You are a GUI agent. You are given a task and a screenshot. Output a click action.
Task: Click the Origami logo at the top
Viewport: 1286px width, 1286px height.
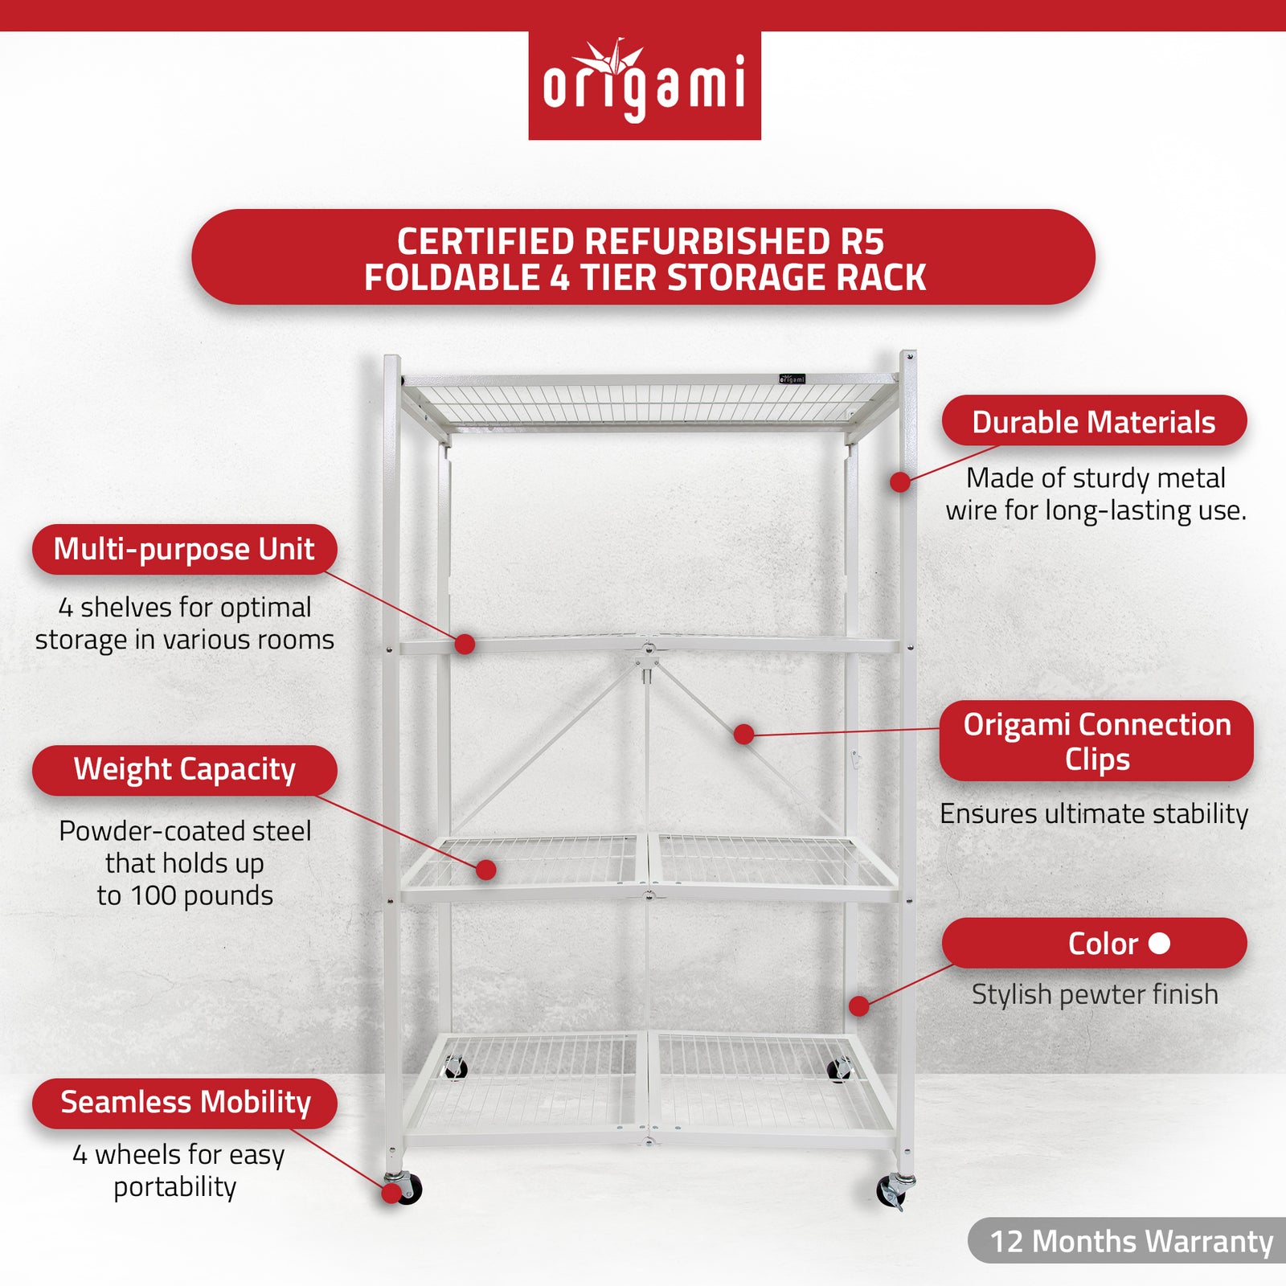(644, 85)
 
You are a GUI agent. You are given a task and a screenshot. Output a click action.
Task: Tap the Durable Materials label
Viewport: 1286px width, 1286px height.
(1093, 421)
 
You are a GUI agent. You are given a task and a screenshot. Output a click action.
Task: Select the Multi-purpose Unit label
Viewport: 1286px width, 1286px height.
(184, 549)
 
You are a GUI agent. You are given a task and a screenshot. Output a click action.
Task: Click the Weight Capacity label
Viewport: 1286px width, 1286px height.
(184, 769)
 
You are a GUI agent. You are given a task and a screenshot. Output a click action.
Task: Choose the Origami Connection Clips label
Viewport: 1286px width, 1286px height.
(1096, 741)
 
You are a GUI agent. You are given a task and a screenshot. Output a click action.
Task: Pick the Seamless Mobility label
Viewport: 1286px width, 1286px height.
(185, 1102)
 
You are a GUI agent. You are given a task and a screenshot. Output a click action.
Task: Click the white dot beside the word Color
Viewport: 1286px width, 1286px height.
(1159, 943)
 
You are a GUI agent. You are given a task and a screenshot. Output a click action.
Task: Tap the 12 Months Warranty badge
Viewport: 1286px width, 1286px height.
(1130, 1241)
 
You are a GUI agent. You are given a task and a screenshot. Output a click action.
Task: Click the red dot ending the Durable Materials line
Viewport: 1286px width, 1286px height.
(900, 482)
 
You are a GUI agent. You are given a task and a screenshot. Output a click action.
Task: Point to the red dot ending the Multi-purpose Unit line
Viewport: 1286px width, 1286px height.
(465, 644)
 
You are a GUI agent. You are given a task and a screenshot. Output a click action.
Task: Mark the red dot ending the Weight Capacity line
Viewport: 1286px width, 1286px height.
(485, 870)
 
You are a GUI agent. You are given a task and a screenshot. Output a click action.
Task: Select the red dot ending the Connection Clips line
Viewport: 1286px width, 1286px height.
(743, 734)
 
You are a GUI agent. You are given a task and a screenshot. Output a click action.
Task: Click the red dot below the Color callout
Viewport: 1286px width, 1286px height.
(858, 1005)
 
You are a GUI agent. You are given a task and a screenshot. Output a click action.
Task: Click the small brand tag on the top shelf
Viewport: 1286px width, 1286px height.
(792, 379)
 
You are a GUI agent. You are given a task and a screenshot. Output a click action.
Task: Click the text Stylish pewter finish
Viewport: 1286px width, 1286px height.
(1095, 994)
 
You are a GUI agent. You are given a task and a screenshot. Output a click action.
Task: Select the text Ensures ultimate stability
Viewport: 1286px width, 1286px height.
(1094, 813)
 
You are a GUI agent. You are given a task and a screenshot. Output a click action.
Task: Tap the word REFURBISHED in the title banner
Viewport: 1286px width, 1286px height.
(707, 241)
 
